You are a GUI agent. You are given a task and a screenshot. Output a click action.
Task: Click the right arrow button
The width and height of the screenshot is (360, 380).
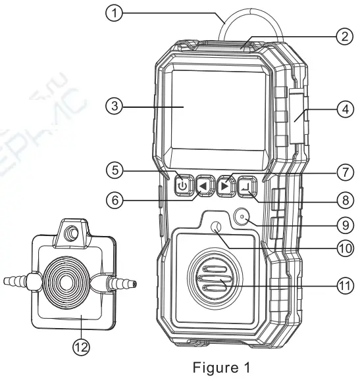pos(226,184)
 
